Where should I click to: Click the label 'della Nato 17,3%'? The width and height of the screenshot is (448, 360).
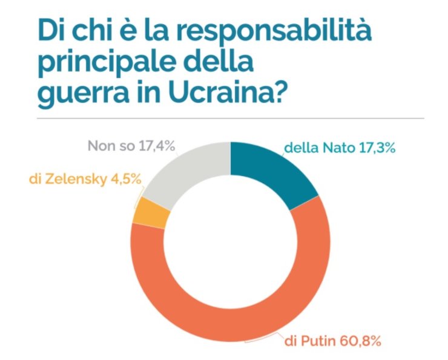(340, 148)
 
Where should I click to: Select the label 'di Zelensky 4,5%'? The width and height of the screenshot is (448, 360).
(85, 179)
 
